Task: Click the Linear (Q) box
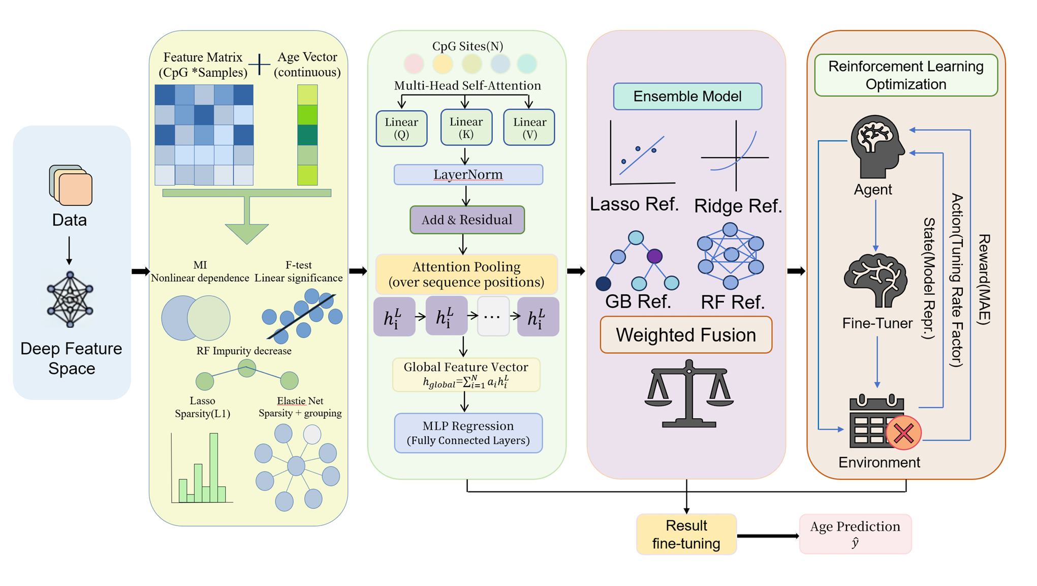(401, 129)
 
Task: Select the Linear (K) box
(466, 128)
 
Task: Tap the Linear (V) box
(529, 128)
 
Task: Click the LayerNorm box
(468, 174)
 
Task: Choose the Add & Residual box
(467, 220)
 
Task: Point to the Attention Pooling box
(466, 274)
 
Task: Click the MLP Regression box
(468, 433)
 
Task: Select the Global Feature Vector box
(466, 375)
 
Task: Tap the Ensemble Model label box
(687, 96)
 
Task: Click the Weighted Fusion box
(686, 335)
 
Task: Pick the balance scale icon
(689, 393)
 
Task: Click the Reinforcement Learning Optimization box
(906, 75)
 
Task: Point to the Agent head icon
(877, 146)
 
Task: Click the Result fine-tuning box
(686, 534)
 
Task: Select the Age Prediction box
(855, 534)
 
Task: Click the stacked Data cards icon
(71, 185)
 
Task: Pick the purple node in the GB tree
(654, 256)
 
